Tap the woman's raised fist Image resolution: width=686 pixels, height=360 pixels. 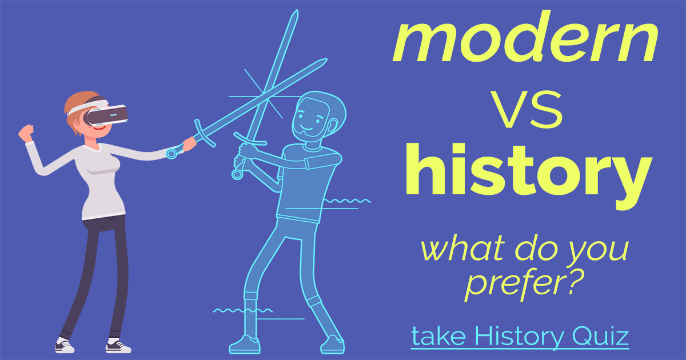pyautogui.click(x=26, y=133)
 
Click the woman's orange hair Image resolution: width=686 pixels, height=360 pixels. pyautogui.click(x=77, y=103)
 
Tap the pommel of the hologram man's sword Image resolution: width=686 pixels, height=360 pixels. pyautogui.click(x=237, y=173)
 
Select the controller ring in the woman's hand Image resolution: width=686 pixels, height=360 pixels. pyautogui.click(x=171, y=153)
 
